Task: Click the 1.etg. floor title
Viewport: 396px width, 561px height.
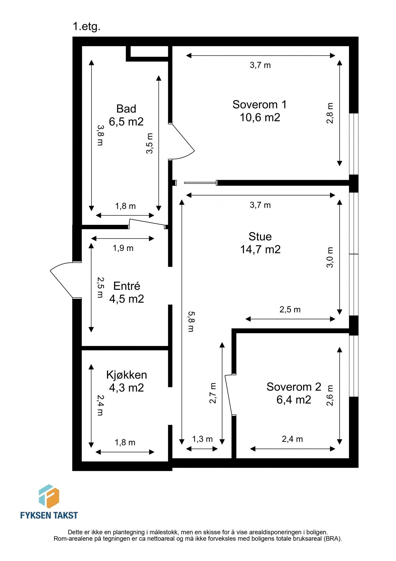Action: pyautogui.click(x=86, y=26)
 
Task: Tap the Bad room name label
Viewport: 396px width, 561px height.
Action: pyautogui.click(x=126, y=109)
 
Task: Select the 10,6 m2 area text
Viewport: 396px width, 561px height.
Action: pyautogui.click(x=260, y=117)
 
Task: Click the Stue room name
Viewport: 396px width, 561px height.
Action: pyautogui.click(x=260, y=237)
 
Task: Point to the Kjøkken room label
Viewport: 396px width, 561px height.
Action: pyautogui.click(x=126, y=375)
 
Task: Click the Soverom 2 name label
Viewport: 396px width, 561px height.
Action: pyautogui.click(x=293, y=387)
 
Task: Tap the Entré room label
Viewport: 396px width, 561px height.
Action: pyautogui.click(x=127, y=286)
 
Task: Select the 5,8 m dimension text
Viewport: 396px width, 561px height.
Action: pyautogui.click(x=191, y=321)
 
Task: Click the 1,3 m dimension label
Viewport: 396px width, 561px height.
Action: pyautogui.click(x=202, y=439)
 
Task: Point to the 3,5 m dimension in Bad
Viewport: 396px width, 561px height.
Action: pyautogui.click(x=150, y=143)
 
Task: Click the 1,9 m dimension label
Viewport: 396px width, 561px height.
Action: pyautogui.click(x=123, y=248)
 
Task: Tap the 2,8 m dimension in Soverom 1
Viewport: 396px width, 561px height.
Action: pyautogui.click(x=330, y=113)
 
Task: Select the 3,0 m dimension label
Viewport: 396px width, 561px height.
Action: pyautogui.click(x=330, y=257)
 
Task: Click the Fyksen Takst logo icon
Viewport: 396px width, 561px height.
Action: pyautogui.click(x=49, y=496)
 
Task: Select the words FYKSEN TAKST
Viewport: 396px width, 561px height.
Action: pyautogui.click(x=49, y=515)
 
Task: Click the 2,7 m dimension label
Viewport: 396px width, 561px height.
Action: pyautogui.click(x=213, y=393)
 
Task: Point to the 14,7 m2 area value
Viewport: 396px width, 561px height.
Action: pyautogui.click(x=260, y=249)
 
